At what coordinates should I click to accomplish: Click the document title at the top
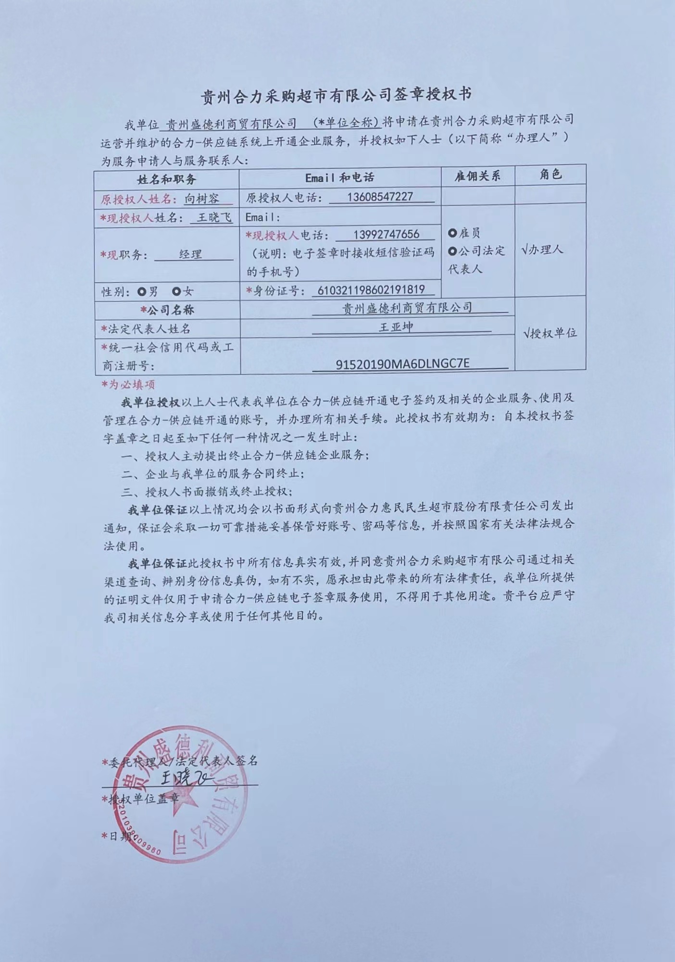click(x=336, y=95)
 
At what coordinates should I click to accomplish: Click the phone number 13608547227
click(x=380, y=197)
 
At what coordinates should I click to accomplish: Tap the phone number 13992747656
click(x=386, y=234)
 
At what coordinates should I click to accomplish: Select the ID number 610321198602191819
click(x=368, y=290)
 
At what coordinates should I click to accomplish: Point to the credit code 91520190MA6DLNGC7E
click(x=402, y=364)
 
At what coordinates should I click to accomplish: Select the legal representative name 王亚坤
click(x=396, y=327)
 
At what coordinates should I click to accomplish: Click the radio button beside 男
click(x=141, y=291)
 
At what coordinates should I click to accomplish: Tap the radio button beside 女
click(x=176, y=291)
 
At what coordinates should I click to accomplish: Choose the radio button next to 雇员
click(x=452, y=233)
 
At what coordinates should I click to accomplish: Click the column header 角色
click(x=550, y=174)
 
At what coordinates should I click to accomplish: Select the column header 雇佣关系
click(x=477, y=176)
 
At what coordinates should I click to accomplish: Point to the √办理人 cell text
click(x=542, y=250)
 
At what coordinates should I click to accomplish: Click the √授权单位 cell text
click(x=550, y=333)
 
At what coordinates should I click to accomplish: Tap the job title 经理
click(x=190, y=254)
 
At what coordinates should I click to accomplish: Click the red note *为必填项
click(x=128, y=384)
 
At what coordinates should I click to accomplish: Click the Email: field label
click(x=262, y=217)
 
